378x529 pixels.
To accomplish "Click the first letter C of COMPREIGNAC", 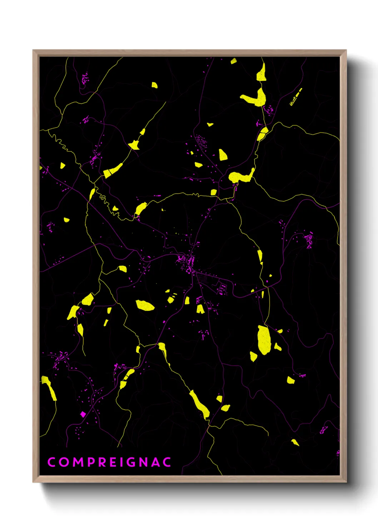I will (x=51, y=462).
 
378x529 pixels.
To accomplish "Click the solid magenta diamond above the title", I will (x=83, y=414).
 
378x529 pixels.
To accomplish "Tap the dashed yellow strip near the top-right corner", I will (x=295, y=97).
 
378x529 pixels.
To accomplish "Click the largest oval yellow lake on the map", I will (x=264, y=340).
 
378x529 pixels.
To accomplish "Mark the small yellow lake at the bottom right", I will (x=295, y=443).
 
